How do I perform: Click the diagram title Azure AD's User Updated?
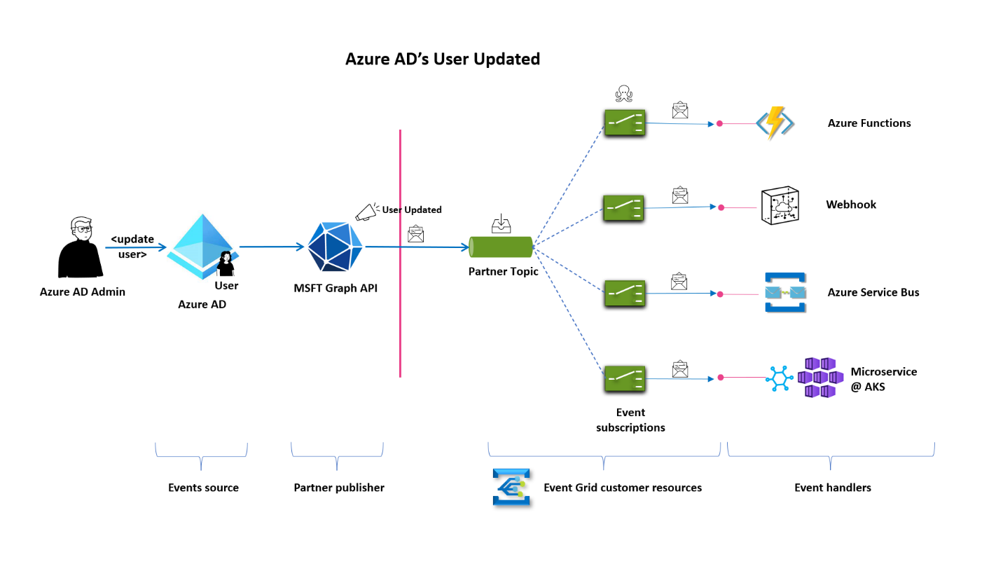point(443,59)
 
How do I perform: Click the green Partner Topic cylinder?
point(501,247)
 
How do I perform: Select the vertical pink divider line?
point(400,252)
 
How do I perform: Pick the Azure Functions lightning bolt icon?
point(774,124)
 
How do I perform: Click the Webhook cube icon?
point(780,207)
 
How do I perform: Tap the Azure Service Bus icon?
point(785,293)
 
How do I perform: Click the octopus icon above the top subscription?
point(623,94)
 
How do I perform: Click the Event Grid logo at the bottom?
point(511,487)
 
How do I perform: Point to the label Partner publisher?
point(339,488)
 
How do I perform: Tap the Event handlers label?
point(832,488)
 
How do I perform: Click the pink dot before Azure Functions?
point(719,124)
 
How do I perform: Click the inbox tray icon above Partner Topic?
point(501,224)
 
